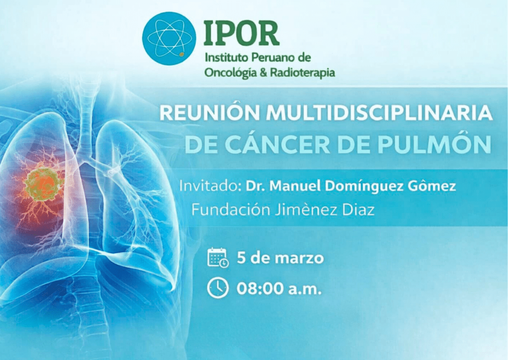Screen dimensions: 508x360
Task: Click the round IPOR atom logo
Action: [169, 39]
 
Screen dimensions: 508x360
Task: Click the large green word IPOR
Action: [241, 33]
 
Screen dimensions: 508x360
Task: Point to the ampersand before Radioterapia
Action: [264, 72]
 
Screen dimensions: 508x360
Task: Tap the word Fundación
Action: [231, 209]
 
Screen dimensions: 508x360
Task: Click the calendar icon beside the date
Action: [218, 258]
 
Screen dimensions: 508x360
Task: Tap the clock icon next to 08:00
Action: [218, 288]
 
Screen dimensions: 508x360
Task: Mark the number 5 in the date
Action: [241, 258]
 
